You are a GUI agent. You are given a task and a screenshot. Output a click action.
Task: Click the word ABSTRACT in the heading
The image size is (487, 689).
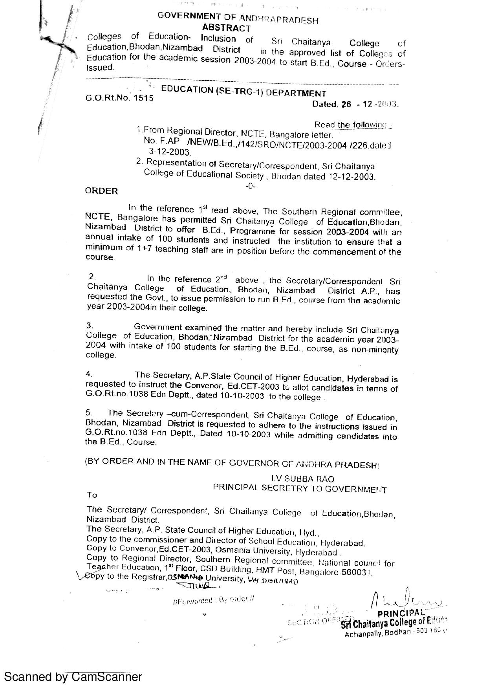pos(226,28)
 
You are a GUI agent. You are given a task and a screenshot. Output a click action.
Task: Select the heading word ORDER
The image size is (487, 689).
pos(101,191)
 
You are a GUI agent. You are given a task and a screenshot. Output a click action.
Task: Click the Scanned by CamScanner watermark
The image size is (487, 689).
pos(73,676)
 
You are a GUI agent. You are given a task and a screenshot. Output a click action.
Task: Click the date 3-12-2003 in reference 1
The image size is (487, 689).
pos(170,152)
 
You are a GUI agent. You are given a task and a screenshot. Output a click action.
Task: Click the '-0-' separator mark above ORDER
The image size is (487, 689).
pos(250,186)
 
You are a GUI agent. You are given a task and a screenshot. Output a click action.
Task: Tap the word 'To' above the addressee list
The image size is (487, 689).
pos(92,495)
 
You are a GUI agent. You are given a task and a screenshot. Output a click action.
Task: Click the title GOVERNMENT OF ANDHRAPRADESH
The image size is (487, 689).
pos(238,18)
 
